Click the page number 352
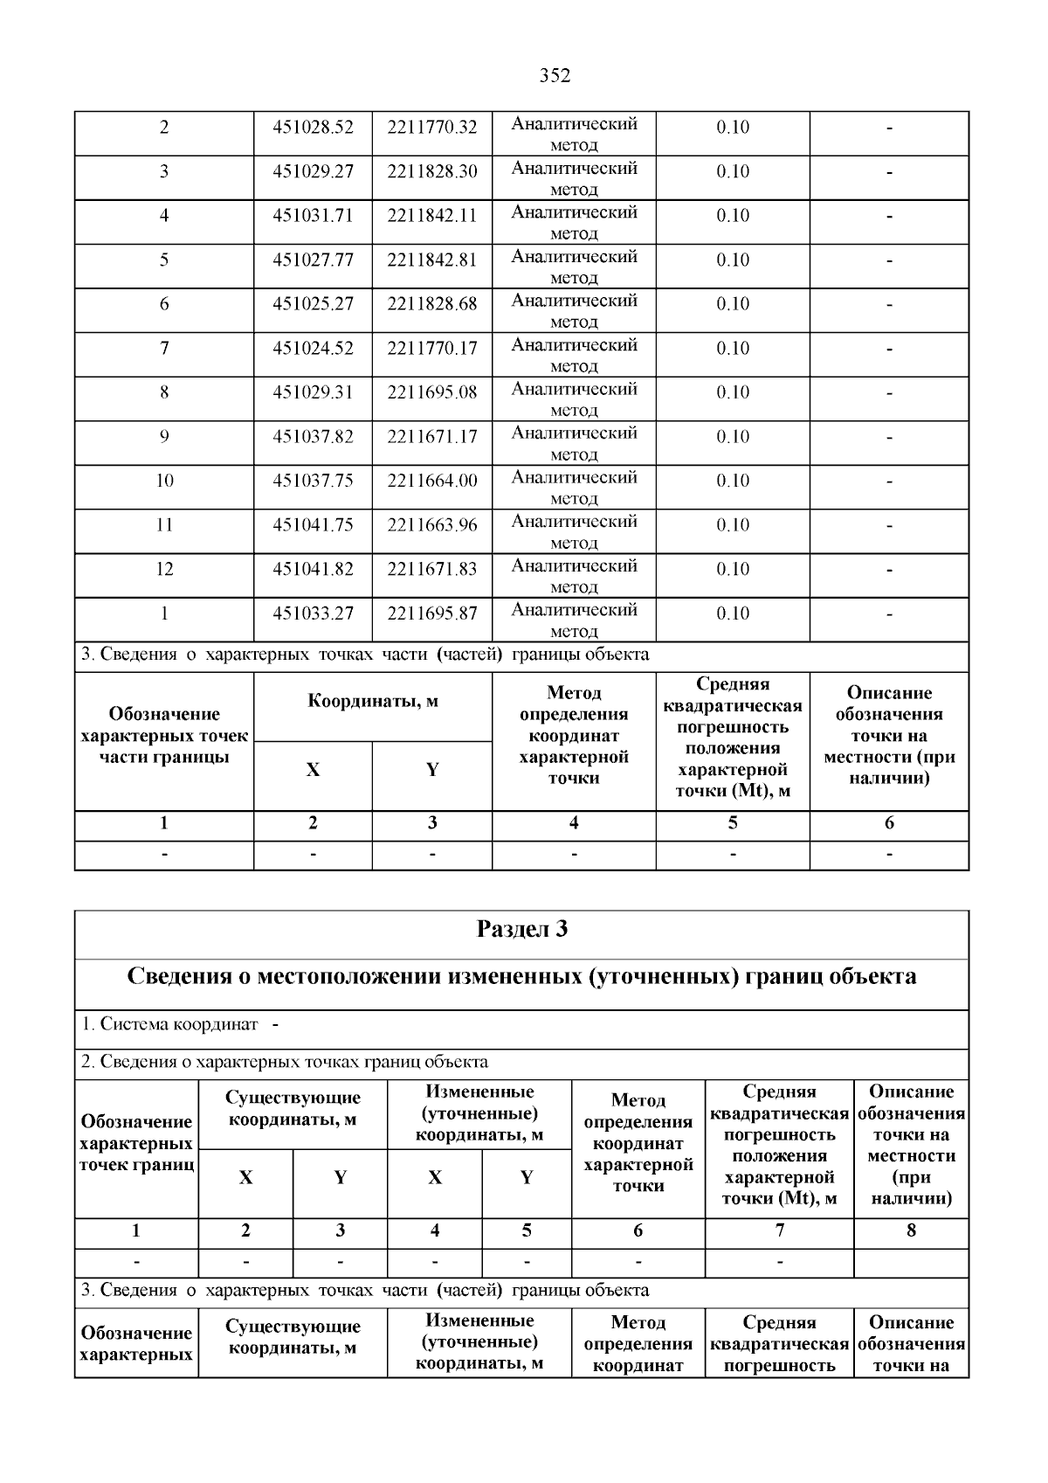point(555,76)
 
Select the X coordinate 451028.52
point(313,128)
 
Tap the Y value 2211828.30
point(432,171)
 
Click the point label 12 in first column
point(164,570)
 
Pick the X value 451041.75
point(313,525)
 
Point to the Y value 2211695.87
point(432,613)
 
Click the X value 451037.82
point(313,437)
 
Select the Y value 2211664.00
point(432,481)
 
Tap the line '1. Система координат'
point(170,1024)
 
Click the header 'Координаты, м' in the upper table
point(373,702)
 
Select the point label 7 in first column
point(164,349)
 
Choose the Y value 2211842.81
point(432,260)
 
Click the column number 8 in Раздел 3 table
point(911,1231)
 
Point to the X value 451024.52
point(313,349)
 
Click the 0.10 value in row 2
point(733,128)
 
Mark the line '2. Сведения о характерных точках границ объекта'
point(285,1063)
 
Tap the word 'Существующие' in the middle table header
point(293,1098)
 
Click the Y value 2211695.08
point(432,392)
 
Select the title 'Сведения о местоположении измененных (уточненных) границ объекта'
point(521,977)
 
